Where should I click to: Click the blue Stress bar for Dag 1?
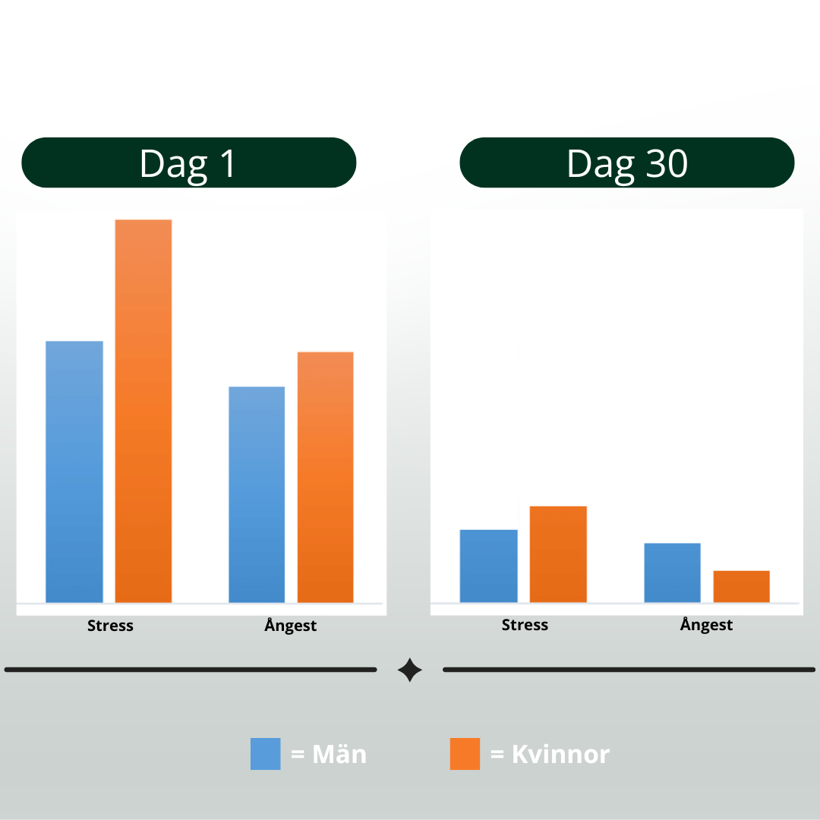pos(74,471)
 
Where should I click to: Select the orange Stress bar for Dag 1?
pos(143,411)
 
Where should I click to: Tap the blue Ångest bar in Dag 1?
pos(257,495)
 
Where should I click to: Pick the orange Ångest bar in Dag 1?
pos(325,478)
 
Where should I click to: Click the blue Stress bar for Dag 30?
pos(488,566)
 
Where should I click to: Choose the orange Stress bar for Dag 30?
pos(558,554)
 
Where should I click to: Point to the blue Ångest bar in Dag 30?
pos(672,573)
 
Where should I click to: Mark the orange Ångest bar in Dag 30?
pos(742,587)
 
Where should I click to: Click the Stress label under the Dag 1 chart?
pos(110,626)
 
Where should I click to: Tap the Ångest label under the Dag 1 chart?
pos(290,625)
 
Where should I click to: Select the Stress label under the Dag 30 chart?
pos(525,624)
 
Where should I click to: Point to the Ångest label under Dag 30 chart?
pos(706,624)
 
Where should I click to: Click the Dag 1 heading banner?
pos(189,162)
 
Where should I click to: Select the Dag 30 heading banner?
pos(627,162)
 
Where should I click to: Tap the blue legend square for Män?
pos(265,754)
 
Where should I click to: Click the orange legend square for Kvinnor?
pos(465,754)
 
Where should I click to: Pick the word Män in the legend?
pos(339,754)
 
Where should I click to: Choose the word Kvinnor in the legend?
pos(560,754)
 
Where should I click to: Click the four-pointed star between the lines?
pos(410,670)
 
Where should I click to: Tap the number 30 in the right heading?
pos(667,164)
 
